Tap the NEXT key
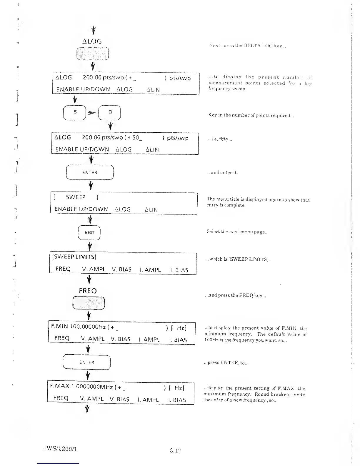(x=89, y=233)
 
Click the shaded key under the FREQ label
(x=89, y=303)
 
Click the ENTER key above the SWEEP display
(x=90, y=173)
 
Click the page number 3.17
(x=176, y=450)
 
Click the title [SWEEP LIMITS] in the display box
(x=74, y=257)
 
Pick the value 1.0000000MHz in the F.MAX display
(x=92, y=386)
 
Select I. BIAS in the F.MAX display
(x=177, y=400)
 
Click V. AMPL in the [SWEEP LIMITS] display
(x=94, y=269)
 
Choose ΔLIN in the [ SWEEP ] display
(x=151, y=210)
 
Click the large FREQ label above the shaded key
(x=88, y=291)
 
